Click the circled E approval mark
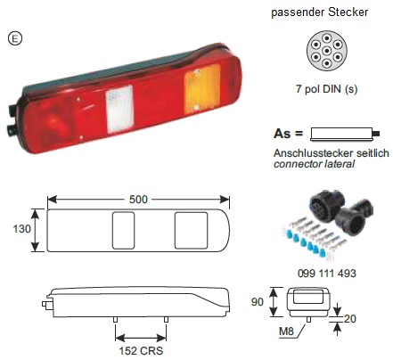click(x=15, y=38)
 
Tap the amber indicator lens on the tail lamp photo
click(x=202, y=88)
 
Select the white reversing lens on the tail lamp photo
click(x=119, y=109)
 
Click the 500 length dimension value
click(x=138, y=200)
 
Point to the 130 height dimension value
click(x=21, y=229)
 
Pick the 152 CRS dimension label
click(x=141, y=351)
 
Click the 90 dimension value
click(x=258, y=302)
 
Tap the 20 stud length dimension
click(x=350, y=319)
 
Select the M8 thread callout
click(x=286, y=331)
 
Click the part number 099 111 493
click(x=327, y=274)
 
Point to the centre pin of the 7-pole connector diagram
click(x=327, y=51)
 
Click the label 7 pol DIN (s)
click(x=326, y=89)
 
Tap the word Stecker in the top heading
click(x=348, y=12)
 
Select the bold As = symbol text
click(x=288, y=134)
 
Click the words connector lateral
click(x=315, y=164)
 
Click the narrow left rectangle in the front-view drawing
click(x=123, y=231)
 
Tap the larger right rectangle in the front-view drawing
click(x=191, y=231)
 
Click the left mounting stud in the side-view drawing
click(x=116, y=320)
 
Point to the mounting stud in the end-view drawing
click(x=308, y=320)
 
